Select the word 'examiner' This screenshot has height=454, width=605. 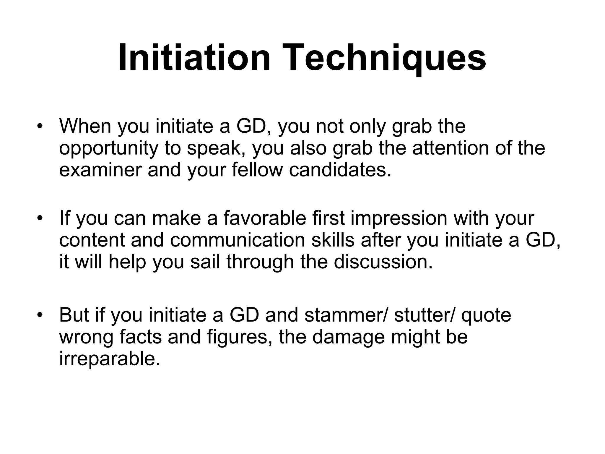(100, 171)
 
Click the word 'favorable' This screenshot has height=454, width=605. (265, 218)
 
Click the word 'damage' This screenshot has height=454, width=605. (348, 337)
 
